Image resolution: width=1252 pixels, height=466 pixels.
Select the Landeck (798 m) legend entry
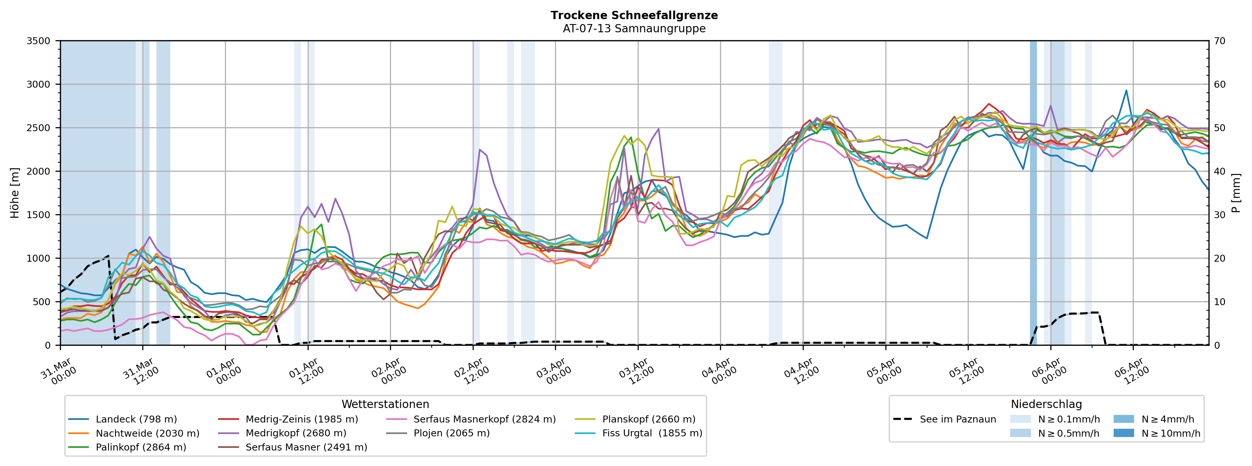pos(136,419)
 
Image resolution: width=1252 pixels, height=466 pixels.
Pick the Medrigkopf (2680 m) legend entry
pos(295,433)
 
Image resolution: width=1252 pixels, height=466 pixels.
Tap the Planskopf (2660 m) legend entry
pos(648,419)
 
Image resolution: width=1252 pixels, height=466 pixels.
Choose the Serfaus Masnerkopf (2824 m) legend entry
pos(484,419)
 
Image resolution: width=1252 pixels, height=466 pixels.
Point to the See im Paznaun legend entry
pos(958,419)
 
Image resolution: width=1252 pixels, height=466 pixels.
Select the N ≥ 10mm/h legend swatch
pos(1124,433)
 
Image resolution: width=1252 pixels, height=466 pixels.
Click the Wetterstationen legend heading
pos(385,404)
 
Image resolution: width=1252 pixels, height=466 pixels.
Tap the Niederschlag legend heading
pos(1046,404)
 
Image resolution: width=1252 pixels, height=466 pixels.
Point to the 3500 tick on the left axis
pos(39,41)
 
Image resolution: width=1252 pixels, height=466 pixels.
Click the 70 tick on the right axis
pos(1219,41)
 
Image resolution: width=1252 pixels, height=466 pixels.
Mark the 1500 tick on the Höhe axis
pos(39,215)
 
